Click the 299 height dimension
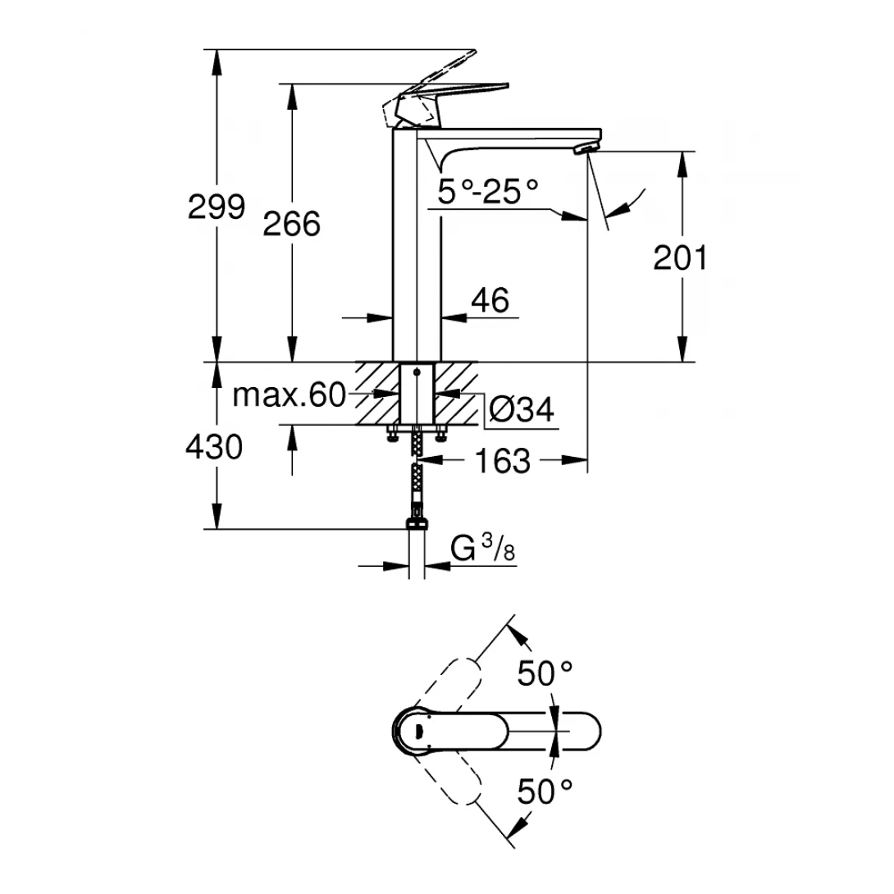217,207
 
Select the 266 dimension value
291,223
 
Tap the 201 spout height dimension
680,258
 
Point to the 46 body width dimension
490,300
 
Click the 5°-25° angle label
488,193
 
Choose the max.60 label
290,395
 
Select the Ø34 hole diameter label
521,408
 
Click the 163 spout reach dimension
503,462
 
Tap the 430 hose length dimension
214,448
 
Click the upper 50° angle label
544,674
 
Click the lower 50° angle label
544,792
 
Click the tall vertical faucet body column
417,246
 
